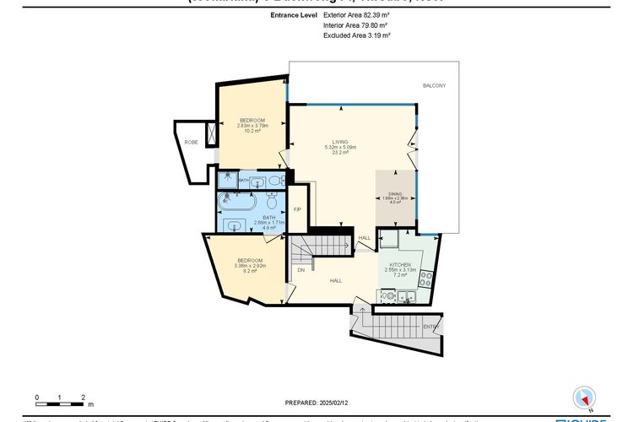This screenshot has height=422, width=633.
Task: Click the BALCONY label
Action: pos(435,87)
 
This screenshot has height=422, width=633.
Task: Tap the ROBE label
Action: pos(192,143)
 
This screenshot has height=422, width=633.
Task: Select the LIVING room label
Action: pos(341,143)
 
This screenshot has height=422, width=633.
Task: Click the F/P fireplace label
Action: pos(296,209)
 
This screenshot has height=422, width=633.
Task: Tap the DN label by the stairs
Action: pos(300,270)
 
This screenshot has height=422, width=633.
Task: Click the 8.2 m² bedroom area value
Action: pos(251,271)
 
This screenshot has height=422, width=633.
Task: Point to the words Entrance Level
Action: pos(294,15)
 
